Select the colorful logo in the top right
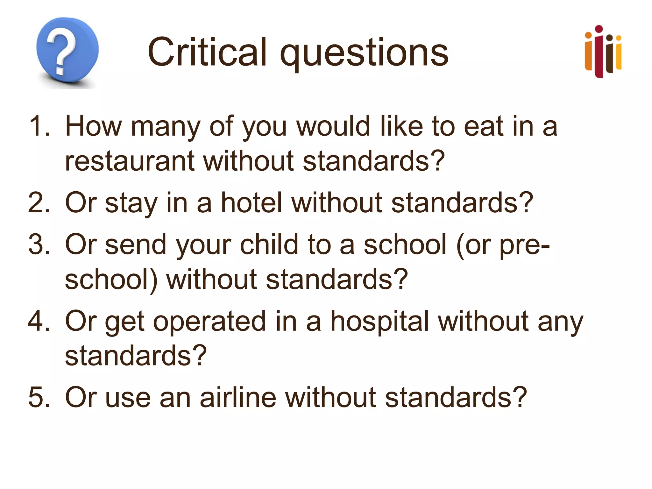click(603, 52)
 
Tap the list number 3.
click(39, 244)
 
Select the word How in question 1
click(93, 126)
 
